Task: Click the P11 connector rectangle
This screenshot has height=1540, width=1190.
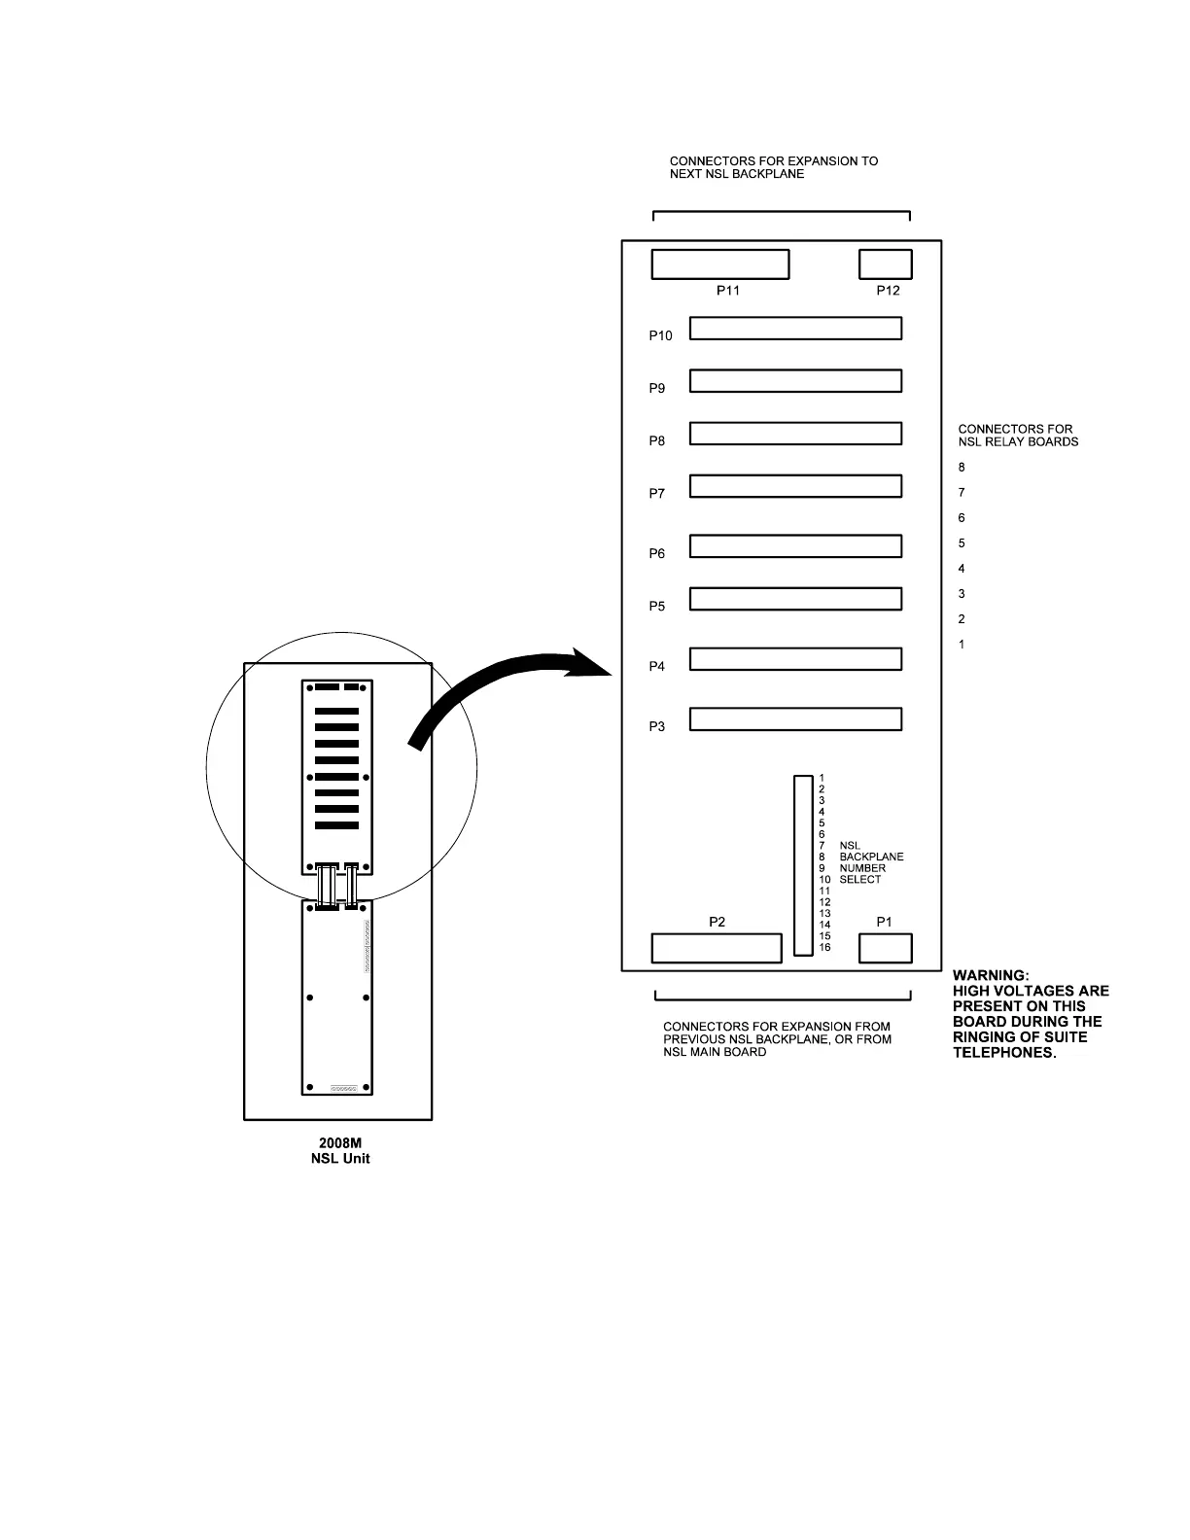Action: [719, 264]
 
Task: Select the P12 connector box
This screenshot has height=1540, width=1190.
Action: [885, 264]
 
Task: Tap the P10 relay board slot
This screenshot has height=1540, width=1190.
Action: [795, 328]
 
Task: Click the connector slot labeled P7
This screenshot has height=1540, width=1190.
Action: [795, 485]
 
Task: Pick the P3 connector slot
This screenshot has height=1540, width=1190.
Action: [795, 719]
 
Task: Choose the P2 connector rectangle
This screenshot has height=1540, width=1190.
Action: [716, 948]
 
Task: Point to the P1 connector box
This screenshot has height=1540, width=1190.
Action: [885, 948]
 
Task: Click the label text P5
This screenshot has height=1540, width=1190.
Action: [657, 607]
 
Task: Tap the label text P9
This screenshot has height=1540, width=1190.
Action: [657, 389]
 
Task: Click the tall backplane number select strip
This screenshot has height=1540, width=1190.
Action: [802, 865]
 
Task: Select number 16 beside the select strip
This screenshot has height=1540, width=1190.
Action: [825, 948]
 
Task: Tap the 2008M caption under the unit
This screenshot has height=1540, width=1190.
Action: [340, 1143]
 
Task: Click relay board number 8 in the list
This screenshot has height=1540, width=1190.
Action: [962, 468]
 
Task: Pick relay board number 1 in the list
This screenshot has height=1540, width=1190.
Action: [962, 645]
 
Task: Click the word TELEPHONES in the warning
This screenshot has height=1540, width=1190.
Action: [1003, 1053]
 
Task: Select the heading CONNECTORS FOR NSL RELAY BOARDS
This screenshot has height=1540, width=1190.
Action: [1017, 435]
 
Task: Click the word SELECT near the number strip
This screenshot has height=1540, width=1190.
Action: [860, 880]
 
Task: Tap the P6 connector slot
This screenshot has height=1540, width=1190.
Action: [795, 545]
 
